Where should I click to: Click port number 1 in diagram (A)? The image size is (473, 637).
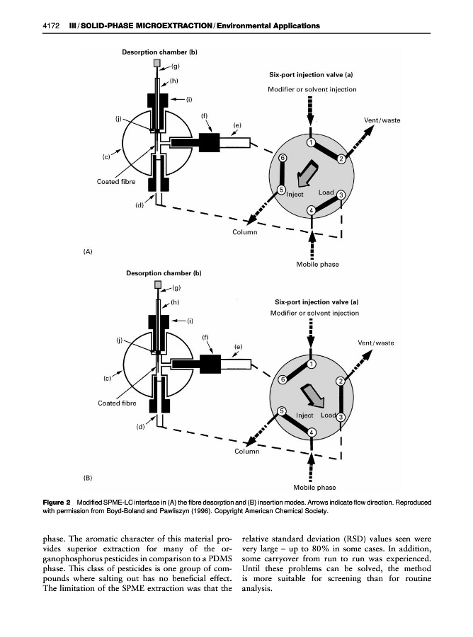(311, 143)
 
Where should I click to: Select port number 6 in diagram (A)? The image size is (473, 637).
(283, 158)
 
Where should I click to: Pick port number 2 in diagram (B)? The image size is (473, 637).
(341, 382)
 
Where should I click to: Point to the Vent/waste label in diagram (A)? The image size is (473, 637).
(382, 120)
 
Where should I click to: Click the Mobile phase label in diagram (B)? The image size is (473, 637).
(314, 487)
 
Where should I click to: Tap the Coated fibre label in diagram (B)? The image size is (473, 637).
(117, 403)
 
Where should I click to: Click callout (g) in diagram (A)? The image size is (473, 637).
(175, 66)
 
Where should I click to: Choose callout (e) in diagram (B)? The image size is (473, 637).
(239, 347)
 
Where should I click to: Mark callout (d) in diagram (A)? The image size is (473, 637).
(140, 205)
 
